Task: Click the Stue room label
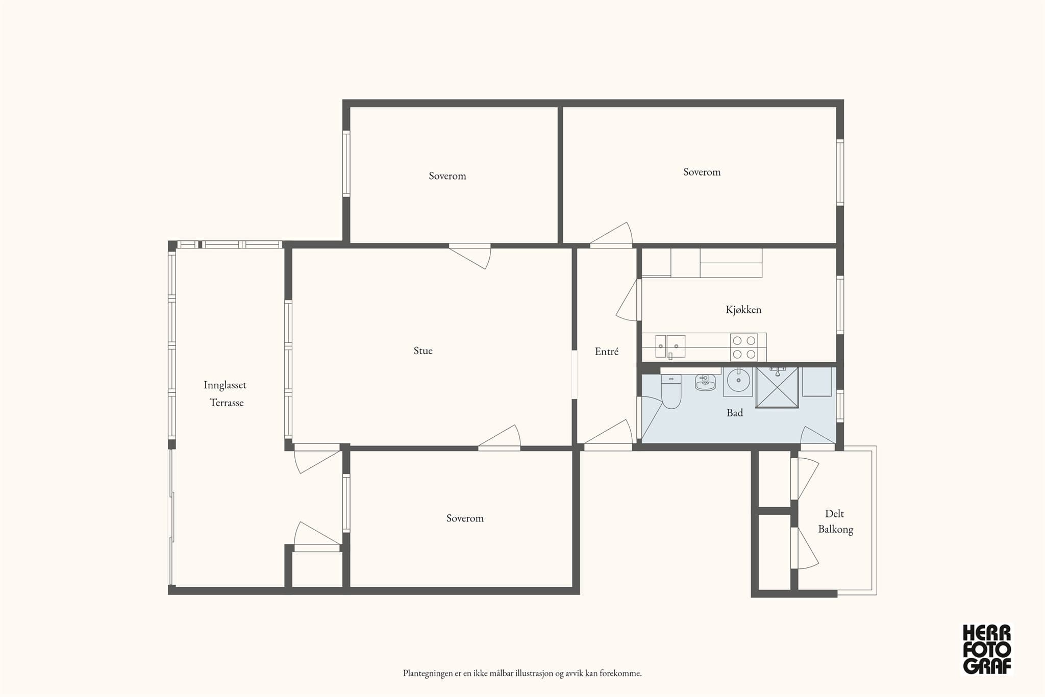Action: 423,351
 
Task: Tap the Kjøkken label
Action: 743,310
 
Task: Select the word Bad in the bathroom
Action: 735,413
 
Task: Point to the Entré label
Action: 607,351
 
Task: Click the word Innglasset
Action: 225,385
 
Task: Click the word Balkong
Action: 836,530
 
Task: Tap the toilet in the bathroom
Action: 671,391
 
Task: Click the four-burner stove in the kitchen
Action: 744,347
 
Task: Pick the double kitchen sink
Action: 670,346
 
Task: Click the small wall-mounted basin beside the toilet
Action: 705,382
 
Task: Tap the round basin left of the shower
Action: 738,381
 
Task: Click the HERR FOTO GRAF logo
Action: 987,649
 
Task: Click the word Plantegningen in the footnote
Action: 428,674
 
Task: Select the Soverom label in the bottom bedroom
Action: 465,518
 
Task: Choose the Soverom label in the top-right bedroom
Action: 702,172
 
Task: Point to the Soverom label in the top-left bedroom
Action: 447,176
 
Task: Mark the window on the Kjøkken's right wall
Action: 839,305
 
